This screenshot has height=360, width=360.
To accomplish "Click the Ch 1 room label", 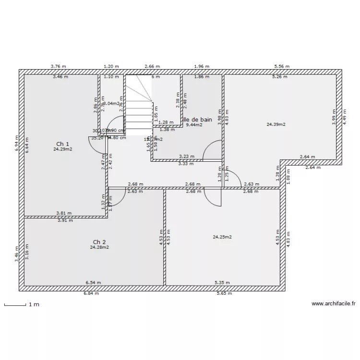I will [63, 144].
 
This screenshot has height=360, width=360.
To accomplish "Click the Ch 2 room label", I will [99, 241].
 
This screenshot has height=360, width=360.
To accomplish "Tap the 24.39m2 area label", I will [276, 124].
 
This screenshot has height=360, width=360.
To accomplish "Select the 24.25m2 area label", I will [222, 237].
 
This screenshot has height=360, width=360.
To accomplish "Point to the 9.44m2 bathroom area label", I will [194, 125].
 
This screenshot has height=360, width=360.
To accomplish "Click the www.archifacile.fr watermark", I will [334, 303].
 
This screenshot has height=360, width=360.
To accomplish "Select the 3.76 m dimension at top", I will [59, 67].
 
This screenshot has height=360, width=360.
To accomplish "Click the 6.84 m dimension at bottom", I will [92, 293].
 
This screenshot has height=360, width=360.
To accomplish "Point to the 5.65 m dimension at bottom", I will [224, 293].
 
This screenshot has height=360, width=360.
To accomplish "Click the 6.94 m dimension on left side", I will [17, 144].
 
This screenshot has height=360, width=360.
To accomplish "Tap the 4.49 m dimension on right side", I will [344, 117].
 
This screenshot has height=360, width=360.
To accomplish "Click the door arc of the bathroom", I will [211, 150].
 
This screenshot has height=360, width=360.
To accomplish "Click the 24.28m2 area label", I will [99, 247].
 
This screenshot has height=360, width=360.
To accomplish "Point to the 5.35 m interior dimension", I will [222, 283].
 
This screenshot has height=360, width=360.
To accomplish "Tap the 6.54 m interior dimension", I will [93, 283].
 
